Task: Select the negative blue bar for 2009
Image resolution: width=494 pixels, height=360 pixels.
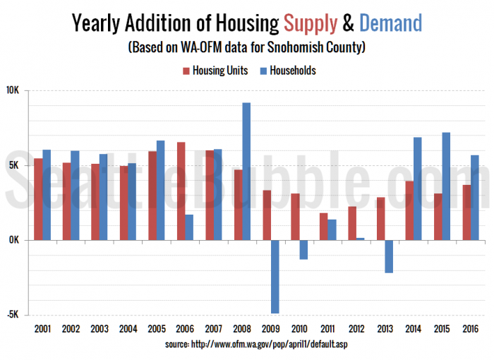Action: click(275, 276)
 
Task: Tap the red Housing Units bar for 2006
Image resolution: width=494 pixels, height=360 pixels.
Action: click(181, 191)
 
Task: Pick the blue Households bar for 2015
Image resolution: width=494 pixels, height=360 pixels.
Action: click(446, 186)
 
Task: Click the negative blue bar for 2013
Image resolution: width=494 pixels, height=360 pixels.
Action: click(389, 256)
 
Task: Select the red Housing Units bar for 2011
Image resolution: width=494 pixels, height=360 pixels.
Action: click(324, 226)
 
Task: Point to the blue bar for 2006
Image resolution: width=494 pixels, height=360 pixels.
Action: click(189, 227)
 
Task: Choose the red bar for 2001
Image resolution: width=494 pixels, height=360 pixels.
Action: click(38, 199)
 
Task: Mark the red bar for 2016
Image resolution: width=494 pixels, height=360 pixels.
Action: click(466, 212)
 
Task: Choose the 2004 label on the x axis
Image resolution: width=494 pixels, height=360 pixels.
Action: click(128, 329)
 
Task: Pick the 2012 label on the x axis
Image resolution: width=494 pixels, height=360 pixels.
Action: click(356, 329)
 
